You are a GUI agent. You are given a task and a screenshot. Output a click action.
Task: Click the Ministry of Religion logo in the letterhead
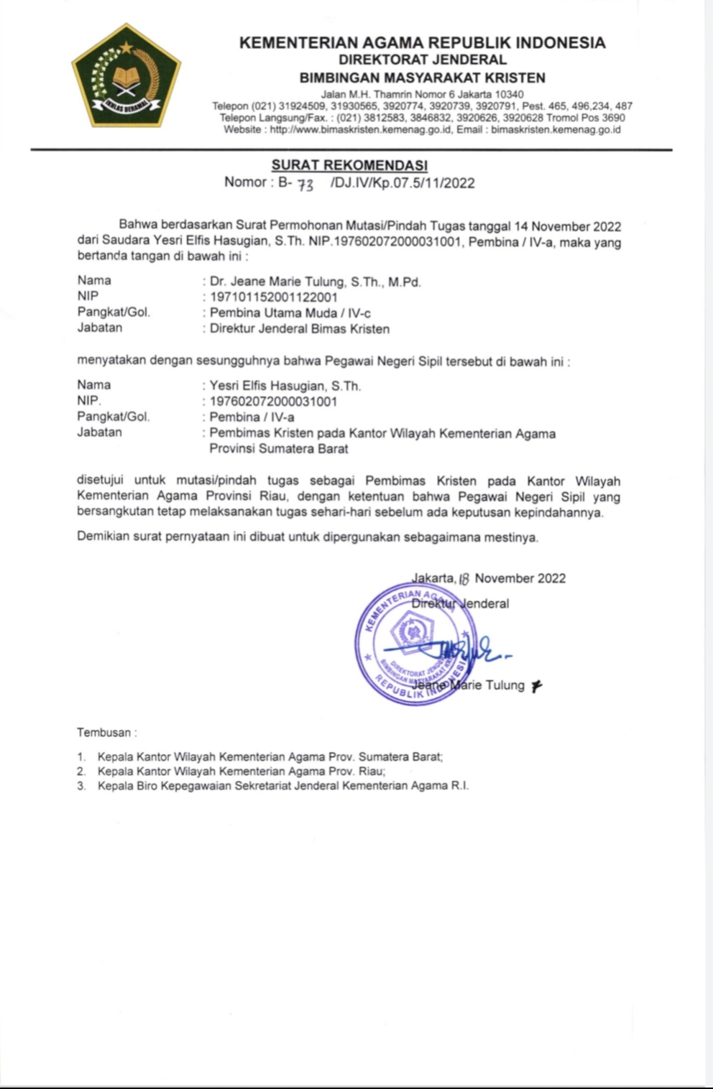pyautogui.click(x=126, y=76)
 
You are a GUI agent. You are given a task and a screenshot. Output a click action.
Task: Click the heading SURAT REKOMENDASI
pyautogui.click(x=349, y=166)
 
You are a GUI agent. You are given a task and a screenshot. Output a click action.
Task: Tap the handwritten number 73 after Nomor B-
pyautogui.click(x=305, y=185)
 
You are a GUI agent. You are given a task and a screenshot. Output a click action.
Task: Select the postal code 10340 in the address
pyautogui.click(x=509, y=94)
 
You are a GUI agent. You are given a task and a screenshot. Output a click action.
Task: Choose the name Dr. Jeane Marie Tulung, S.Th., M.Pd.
pyautogui.click(x=315, y=282)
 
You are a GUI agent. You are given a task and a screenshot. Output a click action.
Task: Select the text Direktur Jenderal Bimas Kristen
pyautogui.click(x=299, y=329)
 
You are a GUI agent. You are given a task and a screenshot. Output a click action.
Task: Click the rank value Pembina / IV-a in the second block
pyautogui.click(x=252, y=417)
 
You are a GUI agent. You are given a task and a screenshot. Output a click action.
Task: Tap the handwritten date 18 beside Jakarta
pyautogui.click(x=464, y=579)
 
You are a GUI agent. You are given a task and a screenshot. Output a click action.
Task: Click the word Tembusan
pyautogui.click(x=104, y=733)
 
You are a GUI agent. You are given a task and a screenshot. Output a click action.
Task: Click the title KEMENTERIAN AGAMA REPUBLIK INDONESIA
pyautogui.click(x=422, y=43)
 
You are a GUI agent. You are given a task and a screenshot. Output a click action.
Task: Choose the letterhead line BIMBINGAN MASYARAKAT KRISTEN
pyautogui.click(x=422, y=78)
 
